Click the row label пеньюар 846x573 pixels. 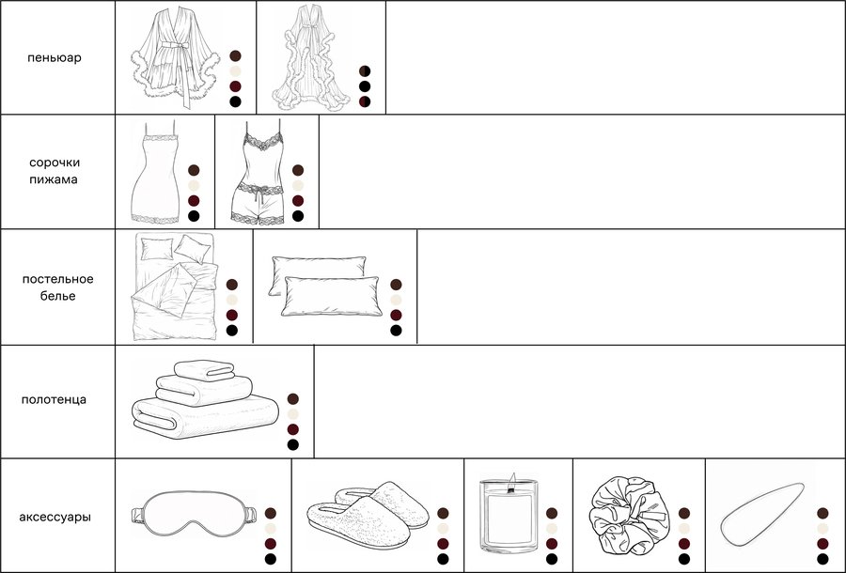coord(55,57)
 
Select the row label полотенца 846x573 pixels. coord(54,399)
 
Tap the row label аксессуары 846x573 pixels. coord(55,517)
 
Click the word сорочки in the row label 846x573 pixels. coord(55,163)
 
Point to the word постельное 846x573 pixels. coord(57,279)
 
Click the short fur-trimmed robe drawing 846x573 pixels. coord(175,59)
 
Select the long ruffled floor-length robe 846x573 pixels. coord(311,58)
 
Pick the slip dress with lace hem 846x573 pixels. coord(155,173)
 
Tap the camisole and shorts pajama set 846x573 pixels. coord(258,173)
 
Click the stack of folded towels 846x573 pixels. coord(205,399)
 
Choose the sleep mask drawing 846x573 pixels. coord(194,514)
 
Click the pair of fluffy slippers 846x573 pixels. coord(368,516)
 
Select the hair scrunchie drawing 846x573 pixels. coord(630,516)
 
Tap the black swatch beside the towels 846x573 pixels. coord(293,444)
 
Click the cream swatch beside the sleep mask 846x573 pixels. coord(271,529)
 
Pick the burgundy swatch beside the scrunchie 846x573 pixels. coord(684,544)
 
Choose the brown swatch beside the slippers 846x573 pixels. coord(443,513)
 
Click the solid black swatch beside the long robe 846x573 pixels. coord(365,86)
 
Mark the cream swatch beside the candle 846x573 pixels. coord(552,529)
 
